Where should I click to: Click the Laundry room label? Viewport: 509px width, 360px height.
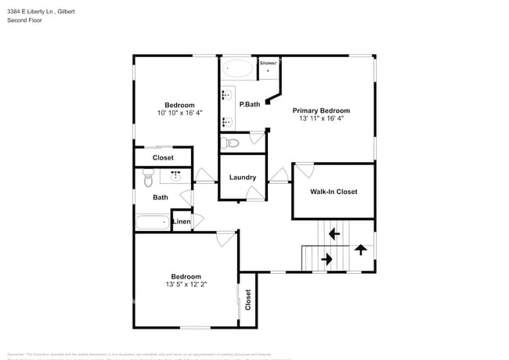(x=243, y=177)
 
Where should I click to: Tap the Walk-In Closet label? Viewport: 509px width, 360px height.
(x=334, y=191)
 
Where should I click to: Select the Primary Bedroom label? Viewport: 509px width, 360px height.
(x=321, y=110)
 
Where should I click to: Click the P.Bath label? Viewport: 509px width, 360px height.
(x=250, y=104)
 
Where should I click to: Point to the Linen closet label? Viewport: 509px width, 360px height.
(x=181, y=222)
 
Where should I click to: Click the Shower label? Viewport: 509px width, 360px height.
(x=269, y=63)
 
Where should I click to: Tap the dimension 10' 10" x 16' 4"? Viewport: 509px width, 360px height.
(x=179, y=113)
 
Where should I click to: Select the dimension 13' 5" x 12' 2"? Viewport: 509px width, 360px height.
(x=186, y=284)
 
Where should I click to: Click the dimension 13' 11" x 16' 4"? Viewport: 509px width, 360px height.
(x=321, y=119)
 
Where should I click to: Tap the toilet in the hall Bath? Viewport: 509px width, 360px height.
(x=147, y=180)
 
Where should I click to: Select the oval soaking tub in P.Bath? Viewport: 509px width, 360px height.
(x=237, y=69)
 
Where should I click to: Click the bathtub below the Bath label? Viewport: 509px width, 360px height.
(x=153, y=222)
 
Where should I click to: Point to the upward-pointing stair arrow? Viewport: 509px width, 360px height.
(x=360, y=250)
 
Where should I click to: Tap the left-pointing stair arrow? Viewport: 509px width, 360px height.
(x=334, y=232)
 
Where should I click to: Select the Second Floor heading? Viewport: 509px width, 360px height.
(x=24, y=20)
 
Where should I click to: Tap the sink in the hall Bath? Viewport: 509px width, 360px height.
(x=176, y=176)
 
